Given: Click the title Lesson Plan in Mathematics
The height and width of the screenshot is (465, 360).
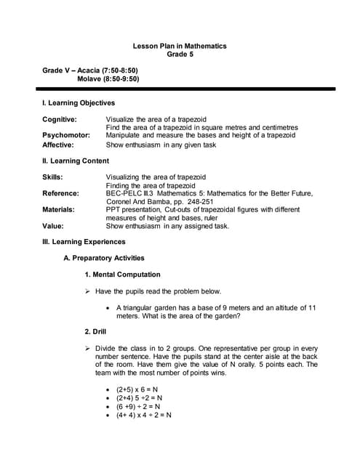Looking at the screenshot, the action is [x=180, y=46].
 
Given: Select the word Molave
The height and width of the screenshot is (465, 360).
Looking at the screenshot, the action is [x=92, y=78].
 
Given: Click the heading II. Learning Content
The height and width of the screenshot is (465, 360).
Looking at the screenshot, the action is [x=76, y=161].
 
